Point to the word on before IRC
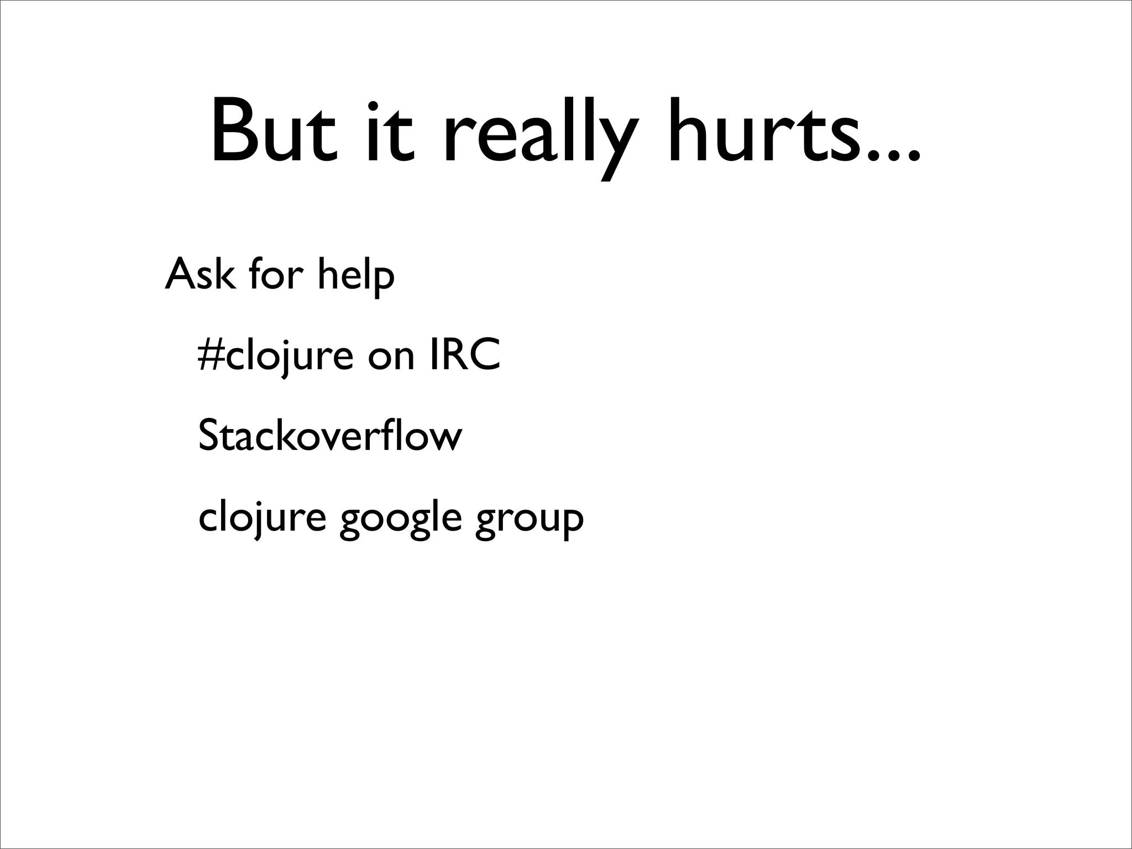[x=391, y=358]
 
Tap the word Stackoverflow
[x=329, y=436]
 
